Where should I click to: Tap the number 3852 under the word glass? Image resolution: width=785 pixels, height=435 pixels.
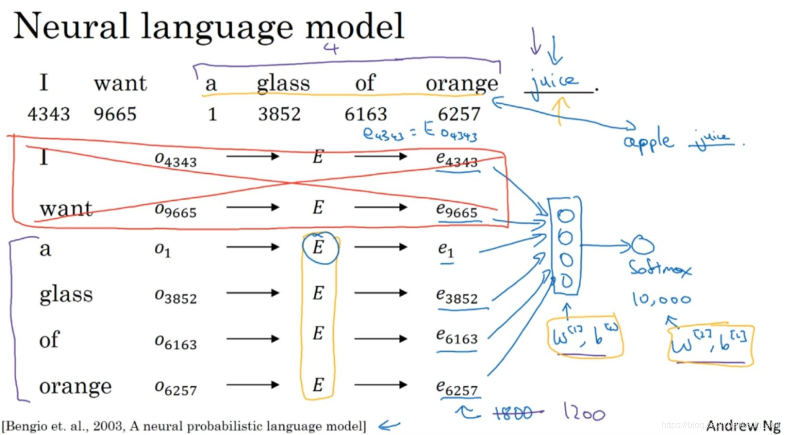(x=279, y=114)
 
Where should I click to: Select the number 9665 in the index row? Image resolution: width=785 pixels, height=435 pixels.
(x=115, y=114)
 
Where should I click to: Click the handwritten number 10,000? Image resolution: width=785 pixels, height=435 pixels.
(x=662, y=299)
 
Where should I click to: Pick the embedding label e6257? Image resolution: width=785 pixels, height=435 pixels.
(x=457, y=387)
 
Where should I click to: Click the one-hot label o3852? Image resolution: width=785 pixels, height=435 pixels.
(x=175, y=296)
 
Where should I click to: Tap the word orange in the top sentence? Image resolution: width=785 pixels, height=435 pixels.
(x=462, y=84)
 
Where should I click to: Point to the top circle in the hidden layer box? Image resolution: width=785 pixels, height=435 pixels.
(x=565, y=215)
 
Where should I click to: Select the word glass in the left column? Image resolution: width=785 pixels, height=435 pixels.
(x=66, y=294)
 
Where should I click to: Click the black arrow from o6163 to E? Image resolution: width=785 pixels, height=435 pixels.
(x=252, y=339)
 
